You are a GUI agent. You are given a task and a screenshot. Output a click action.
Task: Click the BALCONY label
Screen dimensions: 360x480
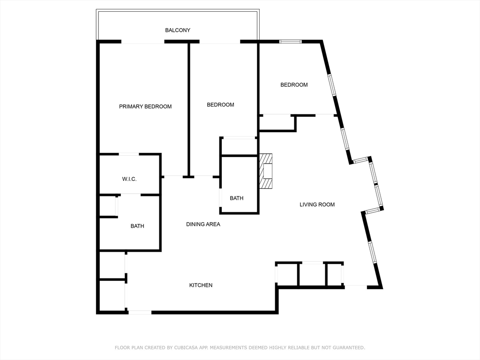pos(178,30)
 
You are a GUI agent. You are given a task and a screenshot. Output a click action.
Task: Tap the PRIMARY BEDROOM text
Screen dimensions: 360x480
pos(145,106)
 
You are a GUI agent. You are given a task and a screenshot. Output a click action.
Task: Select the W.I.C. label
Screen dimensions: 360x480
pos(129,179)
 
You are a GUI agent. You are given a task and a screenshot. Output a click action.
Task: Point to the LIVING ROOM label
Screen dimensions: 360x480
pos(317,204)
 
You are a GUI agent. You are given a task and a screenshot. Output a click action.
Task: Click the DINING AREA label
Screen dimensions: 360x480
pos(203,225)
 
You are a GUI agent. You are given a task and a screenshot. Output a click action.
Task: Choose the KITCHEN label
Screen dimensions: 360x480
pos(201,285)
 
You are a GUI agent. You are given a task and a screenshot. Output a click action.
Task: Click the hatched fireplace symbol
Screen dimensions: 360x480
pos(266,171)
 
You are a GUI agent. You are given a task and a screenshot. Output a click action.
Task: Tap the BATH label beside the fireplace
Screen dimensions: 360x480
pos(237,198)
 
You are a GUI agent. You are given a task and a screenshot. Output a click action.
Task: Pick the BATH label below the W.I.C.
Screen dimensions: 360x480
pos(137,226)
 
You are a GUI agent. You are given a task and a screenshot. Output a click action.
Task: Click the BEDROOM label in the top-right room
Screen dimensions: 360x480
pos(294,85)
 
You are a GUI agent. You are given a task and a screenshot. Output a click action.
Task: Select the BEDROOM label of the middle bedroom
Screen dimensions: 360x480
pos(220,105)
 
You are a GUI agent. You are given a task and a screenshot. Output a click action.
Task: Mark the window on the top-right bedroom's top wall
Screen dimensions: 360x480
pos(291,42)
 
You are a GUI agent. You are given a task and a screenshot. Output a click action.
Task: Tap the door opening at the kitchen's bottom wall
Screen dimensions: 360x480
pos(140,312)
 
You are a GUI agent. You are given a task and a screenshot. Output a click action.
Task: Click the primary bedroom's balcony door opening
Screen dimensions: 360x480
pos(142,42)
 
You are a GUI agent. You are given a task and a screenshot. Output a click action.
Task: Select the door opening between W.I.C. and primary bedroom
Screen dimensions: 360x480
pos(129,154)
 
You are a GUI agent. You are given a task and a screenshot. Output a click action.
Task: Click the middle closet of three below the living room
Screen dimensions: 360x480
pos(312,275)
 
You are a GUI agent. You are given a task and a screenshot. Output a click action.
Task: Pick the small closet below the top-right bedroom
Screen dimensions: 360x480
pos(277,123)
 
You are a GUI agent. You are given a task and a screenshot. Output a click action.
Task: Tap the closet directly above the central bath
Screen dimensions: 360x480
pos(239,146)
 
